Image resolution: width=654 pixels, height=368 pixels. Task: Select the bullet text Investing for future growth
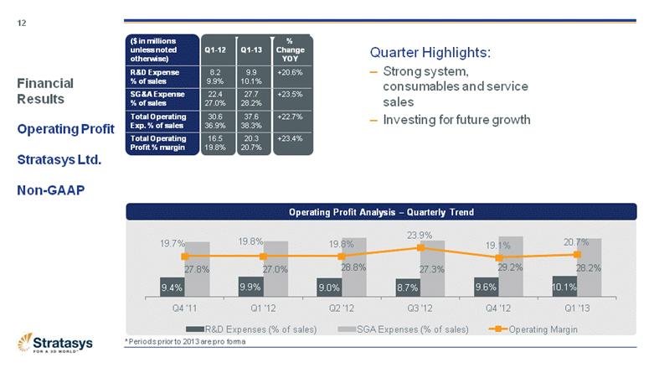[x=456, y=120]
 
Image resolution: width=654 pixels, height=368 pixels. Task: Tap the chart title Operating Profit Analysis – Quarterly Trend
[x=381, y=212]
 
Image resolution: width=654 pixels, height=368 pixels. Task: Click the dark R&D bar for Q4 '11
[x=173, y=288]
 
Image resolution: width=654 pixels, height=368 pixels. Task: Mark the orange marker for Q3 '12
[x=420, y=248]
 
